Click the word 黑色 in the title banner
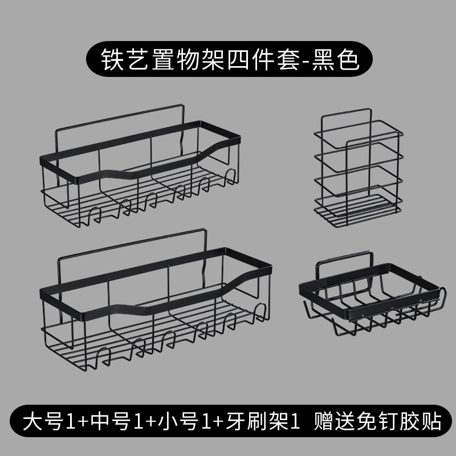[x=335, y=60]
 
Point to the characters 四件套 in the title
[x=264, y=60]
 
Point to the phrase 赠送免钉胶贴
[x=377, y=421]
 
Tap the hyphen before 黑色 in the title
[x=306, y=61]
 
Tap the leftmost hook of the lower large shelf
[x=103, y=357]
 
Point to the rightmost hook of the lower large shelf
[x=259, y=311]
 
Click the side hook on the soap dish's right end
[x=441, y=296]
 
